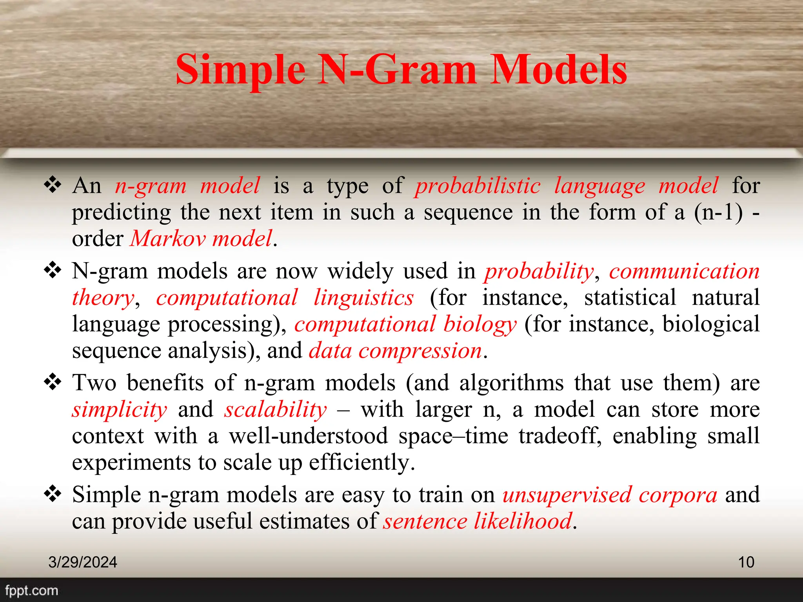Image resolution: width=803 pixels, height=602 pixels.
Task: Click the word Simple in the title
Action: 240,70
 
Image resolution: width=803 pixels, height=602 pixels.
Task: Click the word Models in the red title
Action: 558,70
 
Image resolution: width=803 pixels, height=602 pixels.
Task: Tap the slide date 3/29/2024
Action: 82,562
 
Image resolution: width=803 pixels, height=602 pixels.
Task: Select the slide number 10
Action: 746,562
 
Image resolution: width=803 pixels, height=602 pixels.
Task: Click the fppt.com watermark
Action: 31,590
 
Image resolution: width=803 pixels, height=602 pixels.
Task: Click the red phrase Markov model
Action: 201,238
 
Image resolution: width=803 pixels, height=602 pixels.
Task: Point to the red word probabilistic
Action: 478,185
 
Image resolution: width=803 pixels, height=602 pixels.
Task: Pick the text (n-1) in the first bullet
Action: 718,212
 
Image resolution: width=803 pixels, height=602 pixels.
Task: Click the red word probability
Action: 539,271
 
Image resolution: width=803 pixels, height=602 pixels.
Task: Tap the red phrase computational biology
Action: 405,324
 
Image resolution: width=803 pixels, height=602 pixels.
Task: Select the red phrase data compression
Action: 395,350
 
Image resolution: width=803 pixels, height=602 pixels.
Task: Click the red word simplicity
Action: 120,410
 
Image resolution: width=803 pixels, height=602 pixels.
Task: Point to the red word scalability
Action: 276,410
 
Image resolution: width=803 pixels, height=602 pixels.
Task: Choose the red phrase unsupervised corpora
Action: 610,495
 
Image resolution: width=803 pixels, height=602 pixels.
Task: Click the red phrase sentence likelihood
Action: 478,521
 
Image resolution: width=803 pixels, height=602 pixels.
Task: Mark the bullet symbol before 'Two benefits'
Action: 53,382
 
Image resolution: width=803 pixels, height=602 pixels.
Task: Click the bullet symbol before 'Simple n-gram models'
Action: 53,494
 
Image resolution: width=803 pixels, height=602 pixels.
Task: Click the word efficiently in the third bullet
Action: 362,462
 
